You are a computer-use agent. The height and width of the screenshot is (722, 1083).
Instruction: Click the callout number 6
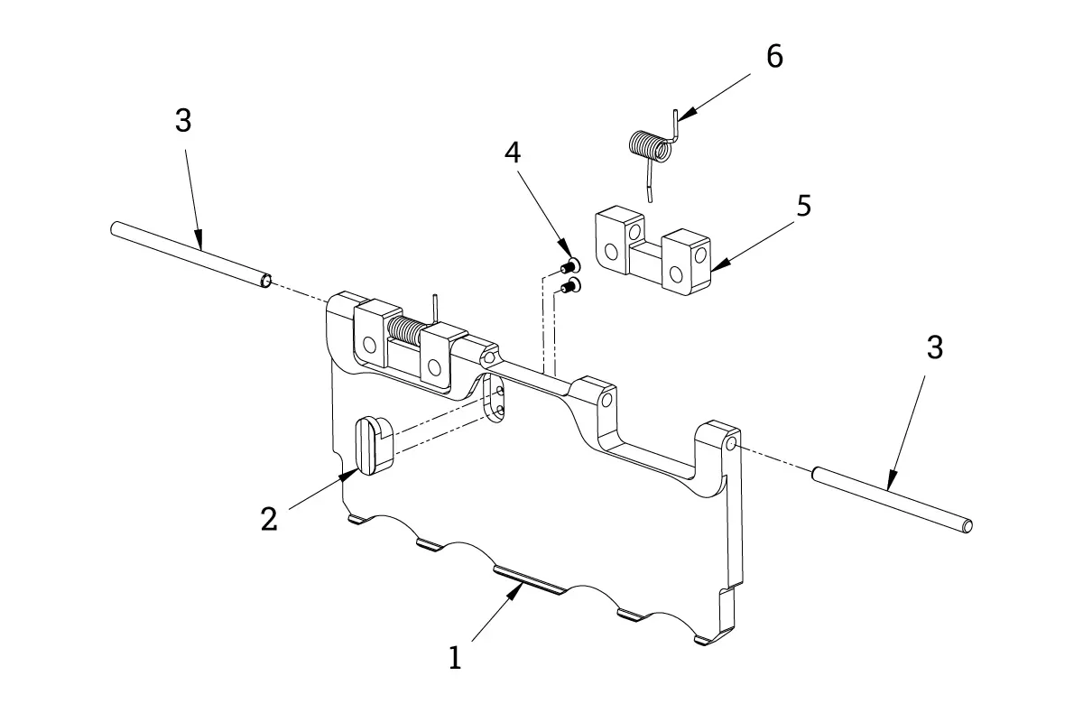774,57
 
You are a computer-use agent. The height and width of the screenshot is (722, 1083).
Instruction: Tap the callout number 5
803,206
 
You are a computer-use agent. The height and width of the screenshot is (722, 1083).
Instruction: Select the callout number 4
513,153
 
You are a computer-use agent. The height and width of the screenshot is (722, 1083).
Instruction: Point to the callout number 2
269,519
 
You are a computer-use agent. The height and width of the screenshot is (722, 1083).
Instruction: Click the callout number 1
455,658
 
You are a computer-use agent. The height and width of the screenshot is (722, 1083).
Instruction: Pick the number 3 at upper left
183,120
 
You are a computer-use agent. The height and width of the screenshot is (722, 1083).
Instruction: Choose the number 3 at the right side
935,347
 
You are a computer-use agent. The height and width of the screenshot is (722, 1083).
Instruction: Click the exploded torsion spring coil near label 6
651,146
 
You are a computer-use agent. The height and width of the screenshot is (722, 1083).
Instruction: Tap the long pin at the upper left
191,255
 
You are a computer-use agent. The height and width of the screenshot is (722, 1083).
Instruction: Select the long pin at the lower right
892,500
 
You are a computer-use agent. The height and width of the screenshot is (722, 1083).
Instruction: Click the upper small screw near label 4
570,265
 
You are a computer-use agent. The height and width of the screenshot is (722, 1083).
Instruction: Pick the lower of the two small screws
571,287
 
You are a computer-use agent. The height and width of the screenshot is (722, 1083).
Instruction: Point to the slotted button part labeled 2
375,446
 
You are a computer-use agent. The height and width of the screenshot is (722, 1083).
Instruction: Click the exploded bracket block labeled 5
653,251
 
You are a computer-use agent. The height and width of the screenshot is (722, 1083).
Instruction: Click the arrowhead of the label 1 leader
516,590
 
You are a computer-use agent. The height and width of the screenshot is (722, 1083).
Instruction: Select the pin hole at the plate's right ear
732,442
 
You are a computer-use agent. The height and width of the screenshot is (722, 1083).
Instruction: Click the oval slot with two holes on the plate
495,400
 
